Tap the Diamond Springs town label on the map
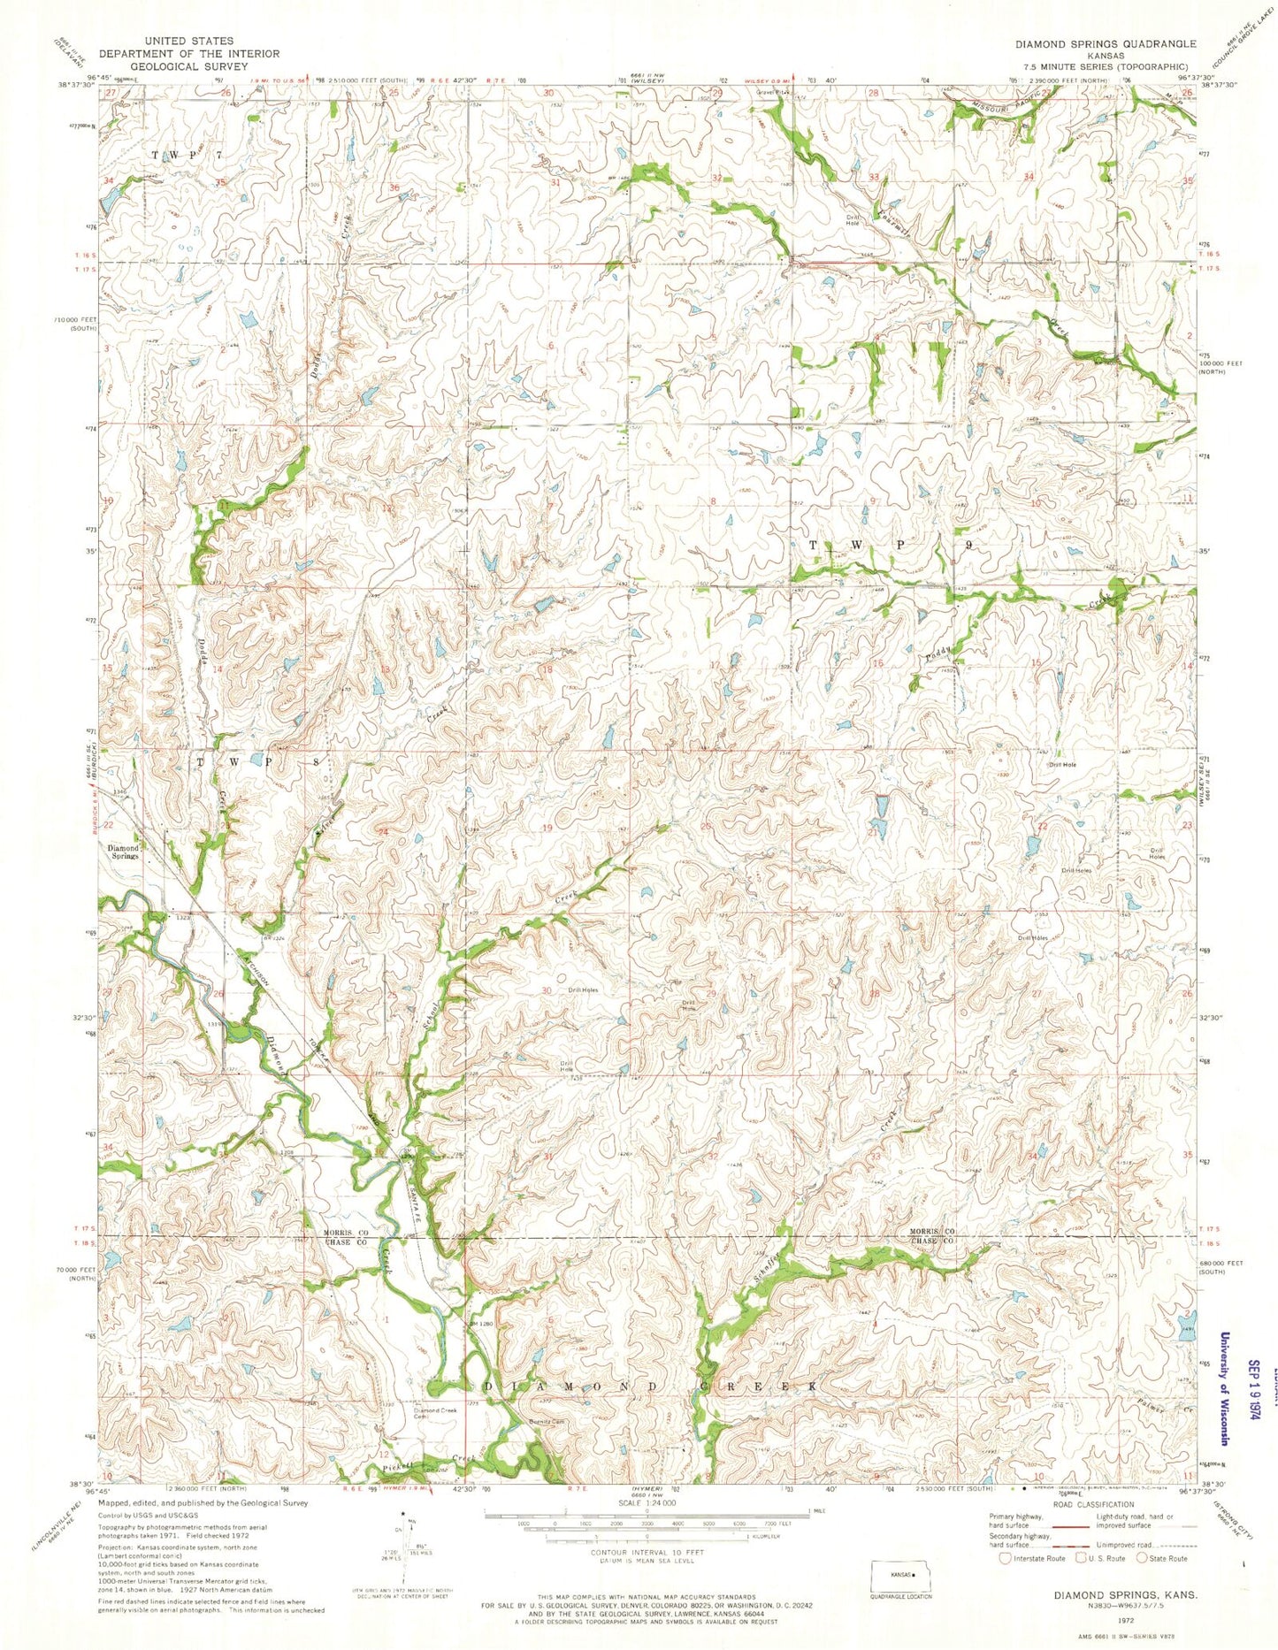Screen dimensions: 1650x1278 124,852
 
